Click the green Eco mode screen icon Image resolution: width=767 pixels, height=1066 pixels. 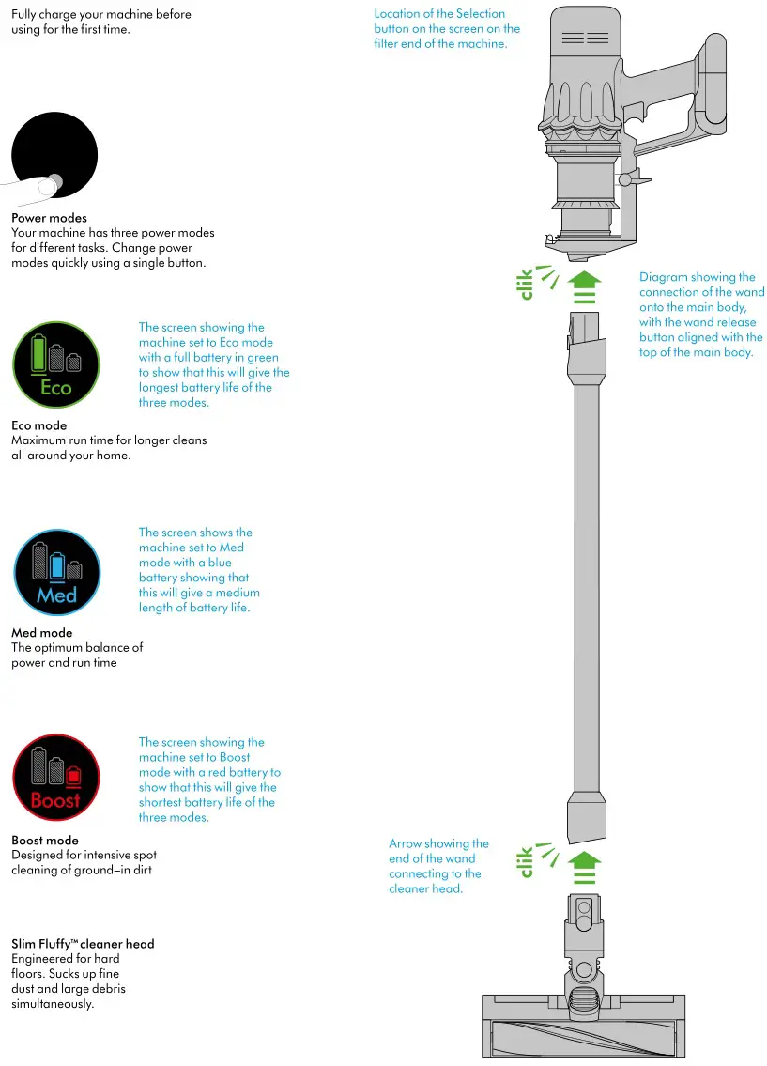(x=56, y=365)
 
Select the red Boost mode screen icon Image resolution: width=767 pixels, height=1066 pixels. (x=55, y=778)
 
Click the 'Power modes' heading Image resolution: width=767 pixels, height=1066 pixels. (x=49, y=218)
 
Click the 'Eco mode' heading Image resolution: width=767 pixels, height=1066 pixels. (x=38, y=425)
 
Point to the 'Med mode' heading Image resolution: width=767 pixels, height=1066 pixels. (x=41, y=633)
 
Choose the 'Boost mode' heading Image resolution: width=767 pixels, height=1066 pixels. (x=45, y=841)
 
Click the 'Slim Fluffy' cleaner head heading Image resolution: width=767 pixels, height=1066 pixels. (x=83, y=944)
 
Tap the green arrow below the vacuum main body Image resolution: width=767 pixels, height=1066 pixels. (x=586, y=285)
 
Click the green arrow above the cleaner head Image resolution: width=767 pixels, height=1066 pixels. (x=586, y=866)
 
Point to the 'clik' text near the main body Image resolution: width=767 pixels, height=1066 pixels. (x=526, y=283)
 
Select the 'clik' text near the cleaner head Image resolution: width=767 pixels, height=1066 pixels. (x=526, y=861)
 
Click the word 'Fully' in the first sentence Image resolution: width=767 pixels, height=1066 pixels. (x=25, y=14)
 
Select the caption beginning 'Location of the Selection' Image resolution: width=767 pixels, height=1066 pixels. (x=446, y=28)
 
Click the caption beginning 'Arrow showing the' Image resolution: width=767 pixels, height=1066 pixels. (x=438, y=866)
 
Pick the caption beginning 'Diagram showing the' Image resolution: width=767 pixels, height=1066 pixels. (x=700, y=315)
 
